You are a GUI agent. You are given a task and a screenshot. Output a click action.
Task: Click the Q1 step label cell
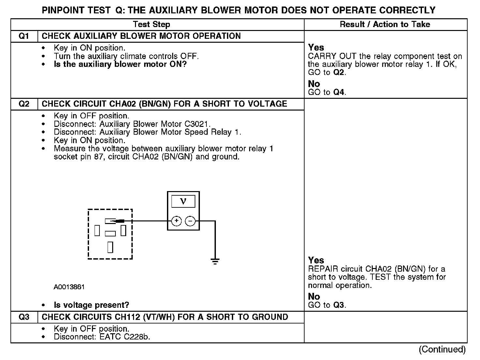point(24,36)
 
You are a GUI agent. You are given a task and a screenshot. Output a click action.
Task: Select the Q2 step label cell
point(24,104)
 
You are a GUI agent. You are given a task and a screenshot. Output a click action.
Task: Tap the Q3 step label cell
point(24,317)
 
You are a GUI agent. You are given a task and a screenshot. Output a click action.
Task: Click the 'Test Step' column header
point(152,24)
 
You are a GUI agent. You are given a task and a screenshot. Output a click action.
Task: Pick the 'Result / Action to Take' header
point(385,24)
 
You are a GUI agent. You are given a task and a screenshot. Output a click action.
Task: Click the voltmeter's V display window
point(183,201)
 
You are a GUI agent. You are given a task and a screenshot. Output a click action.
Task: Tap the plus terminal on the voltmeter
point(176,221)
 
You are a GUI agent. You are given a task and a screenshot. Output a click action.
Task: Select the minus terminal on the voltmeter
point(190,221)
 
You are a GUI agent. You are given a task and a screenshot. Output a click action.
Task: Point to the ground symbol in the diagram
point(215,261)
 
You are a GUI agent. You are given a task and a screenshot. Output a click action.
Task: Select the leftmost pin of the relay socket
point(97,231)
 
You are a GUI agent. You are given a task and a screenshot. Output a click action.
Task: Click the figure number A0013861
point(69,287)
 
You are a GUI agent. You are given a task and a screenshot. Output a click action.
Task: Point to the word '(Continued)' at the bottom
point(442,349)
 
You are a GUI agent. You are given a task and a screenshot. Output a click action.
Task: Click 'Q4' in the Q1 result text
point(339,92)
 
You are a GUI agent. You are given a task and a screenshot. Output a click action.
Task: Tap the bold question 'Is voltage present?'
point(91,305)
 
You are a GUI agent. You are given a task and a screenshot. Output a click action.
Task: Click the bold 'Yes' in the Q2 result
point(316,260)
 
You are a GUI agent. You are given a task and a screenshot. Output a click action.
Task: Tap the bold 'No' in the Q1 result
point(314,84)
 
